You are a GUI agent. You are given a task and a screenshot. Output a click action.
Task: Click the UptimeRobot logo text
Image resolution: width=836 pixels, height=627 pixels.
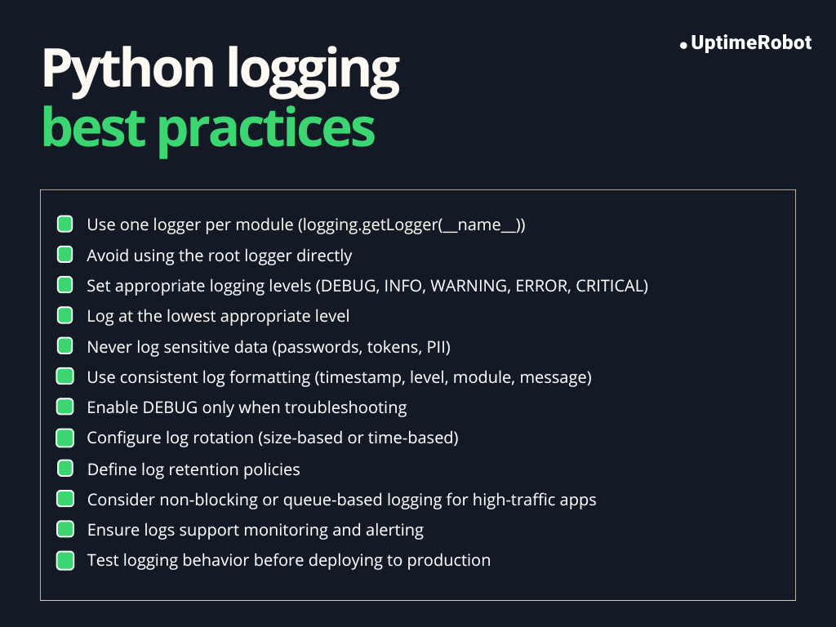pyautogui.click(x=751, y=43)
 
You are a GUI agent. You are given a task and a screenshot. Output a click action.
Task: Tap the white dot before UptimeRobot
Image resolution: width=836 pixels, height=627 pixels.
pyautogui.click(x=683, y=46)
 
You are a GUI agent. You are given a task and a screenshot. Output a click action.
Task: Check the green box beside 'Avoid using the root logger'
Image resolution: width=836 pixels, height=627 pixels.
pyautogui.click(x=65, y=256)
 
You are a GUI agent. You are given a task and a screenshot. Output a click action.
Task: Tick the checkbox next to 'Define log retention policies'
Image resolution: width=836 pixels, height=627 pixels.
pyautogui.click(x=65, y=469)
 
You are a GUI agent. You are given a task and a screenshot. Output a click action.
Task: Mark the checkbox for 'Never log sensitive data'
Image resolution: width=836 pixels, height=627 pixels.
pyautogui.click(x=65, y=346)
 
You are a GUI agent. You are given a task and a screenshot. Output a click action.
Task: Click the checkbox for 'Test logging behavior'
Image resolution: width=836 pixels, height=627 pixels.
pyautogui.click(x=65, y=560)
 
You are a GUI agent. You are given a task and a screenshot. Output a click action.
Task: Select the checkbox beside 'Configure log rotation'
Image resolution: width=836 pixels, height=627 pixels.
pyautogui.click(x=65, y=438)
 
